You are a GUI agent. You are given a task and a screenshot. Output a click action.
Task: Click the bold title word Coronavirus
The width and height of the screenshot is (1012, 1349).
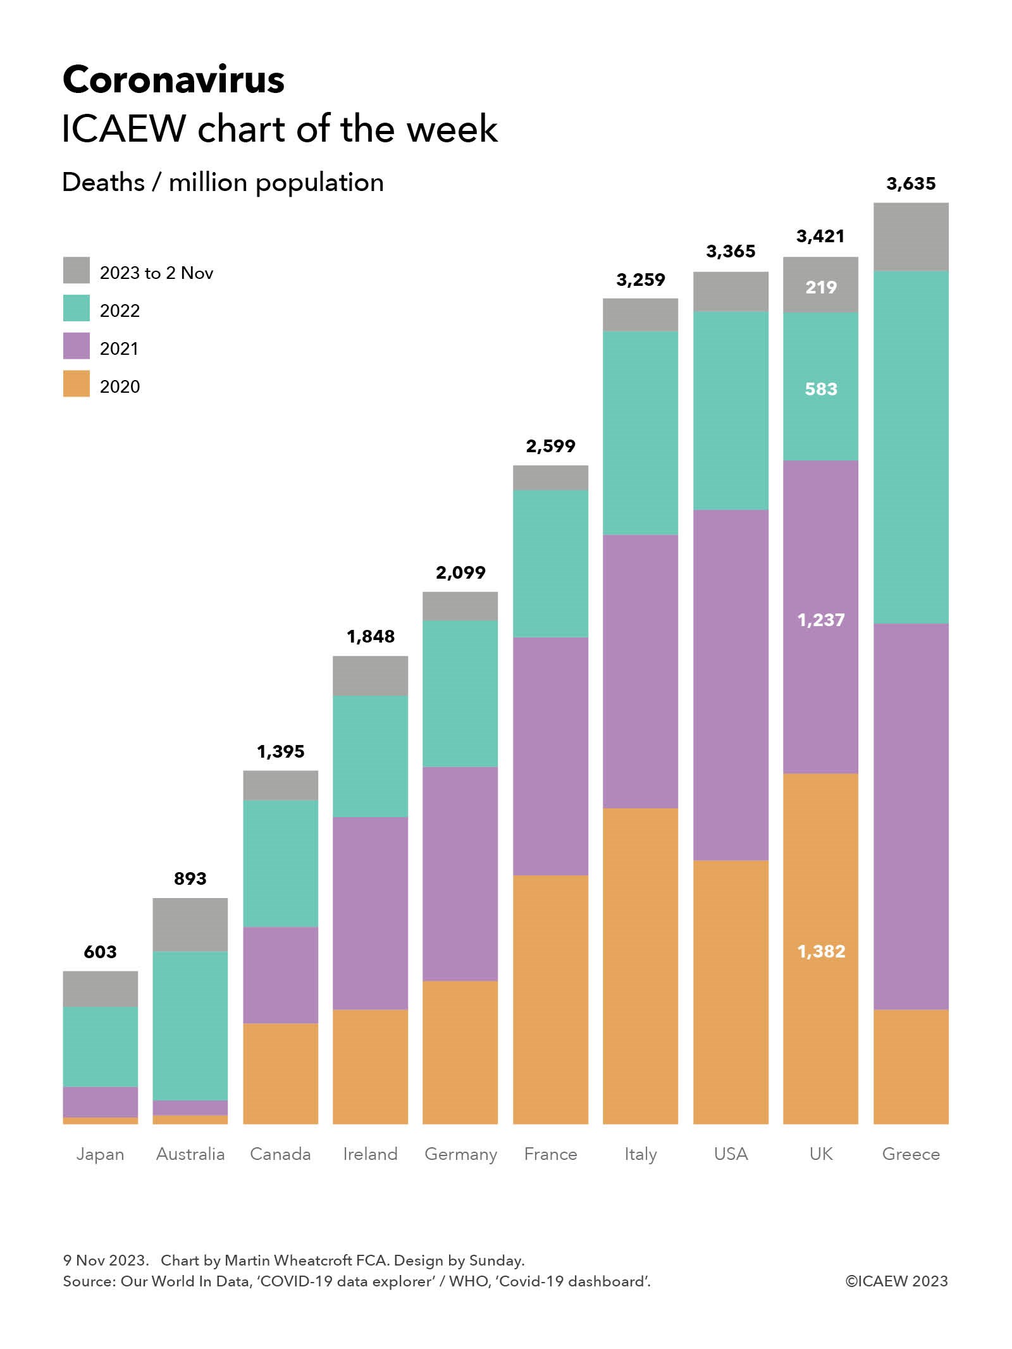point(173,80)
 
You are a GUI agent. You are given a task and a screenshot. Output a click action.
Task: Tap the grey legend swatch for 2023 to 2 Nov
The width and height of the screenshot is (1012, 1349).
point(76,270)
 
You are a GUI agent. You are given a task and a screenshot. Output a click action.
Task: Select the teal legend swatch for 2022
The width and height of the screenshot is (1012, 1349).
point(76,308)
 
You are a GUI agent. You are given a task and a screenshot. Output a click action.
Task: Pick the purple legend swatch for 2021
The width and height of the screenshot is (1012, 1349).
point(76,346)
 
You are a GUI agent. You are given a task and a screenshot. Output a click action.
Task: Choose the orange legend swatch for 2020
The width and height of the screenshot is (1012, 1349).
point(76,384)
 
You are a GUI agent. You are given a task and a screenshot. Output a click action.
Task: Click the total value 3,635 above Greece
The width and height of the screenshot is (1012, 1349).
point(910,184)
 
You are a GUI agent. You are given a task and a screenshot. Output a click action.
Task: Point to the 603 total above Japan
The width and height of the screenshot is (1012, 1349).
point(100,952)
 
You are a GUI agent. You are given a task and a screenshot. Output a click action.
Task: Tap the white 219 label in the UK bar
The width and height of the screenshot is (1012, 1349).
point(820,288)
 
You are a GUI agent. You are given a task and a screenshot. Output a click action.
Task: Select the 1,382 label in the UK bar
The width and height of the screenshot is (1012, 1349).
point(820,951)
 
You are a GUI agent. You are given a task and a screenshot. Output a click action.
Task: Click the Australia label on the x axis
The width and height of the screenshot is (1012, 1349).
point(190,1154)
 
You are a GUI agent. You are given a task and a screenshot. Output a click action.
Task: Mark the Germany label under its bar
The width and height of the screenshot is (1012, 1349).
point(460,1154)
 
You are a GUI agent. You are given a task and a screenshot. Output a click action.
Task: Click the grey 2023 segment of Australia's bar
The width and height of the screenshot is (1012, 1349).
point(190,924)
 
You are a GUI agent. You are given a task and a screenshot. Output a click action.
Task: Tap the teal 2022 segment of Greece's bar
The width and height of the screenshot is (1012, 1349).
point(910,447)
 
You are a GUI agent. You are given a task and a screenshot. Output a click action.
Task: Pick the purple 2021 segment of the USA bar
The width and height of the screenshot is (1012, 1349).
point(731,684)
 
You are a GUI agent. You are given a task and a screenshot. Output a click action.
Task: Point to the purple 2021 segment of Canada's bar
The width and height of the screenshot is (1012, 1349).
point(280,975)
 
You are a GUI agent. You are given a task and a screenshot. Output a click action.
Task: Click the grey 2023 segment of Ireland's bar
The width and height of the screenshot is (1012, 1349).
point(370,675)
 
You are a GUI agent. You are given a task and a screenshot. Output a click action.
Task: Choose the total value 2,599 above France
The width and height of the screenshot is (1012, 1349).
point(550,447)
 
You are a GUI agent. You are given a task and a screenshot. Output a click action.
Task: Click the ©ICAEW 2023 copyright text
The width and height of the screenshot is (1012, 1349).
point(896,1281)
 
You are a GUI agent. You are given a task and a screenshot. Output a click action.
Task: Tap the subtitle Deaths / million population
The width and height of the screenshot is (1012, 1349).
point(223,183)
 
